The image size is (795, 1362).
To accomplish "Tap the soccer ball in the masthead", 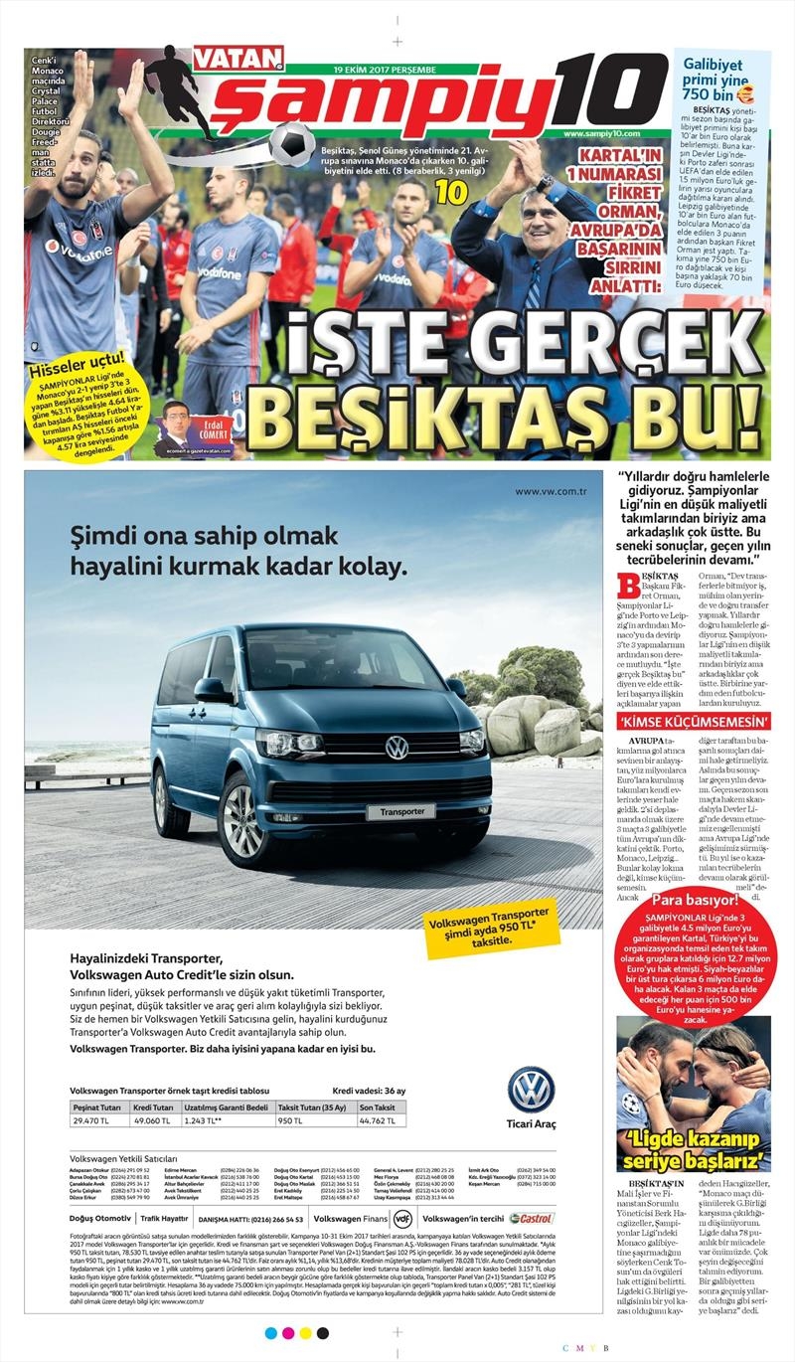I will [291, 141].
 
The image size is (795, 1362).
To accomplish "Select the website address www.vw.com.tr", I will [552, 490].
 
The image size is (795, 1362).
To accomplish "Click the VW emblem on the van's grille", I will [397, 748].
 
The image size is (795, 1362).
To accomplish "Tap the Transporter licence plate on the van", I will [400, 811].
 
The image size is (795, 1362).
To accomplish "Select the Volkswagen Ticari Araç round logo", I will [531, 1091].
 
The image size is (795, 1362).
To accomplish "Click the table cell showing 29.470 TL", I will [99, 1120].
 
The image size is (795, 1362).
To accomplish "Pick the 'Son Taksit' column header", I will [378, 1107].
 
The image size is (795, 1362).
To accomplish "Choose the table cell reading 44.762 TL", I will [378, 1120].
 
